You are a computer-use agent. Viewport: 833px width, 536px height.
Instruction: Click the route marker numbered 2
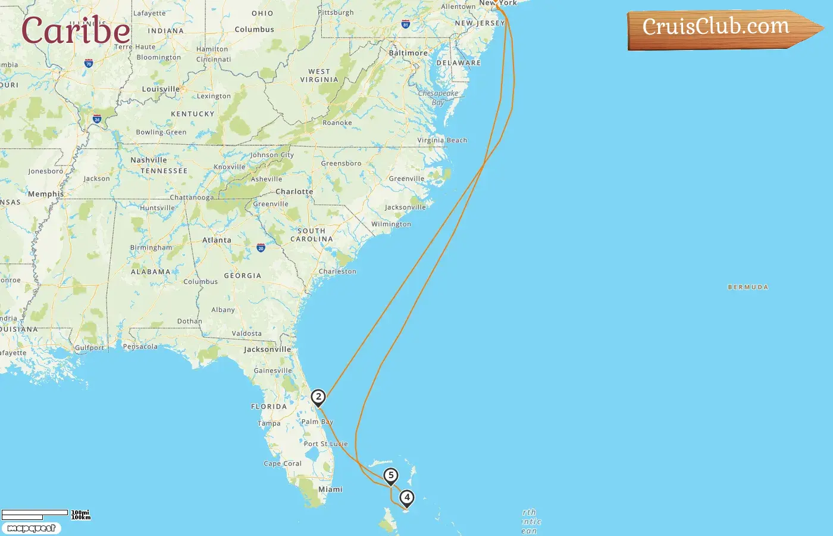point(318,397)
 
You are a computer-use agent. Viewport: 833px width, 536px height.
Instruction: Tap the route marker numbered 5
point(391,476)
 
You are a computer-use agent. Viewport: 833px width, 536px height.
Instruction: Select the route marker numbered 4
point(407,498)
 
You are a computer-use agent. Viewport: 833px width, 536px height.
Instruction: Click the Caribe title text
point(76,30)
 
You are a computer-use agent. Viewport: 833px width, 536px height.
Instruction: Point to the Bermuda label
point(748,287)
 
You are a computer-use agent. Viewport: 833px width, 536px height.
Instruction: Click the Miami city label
point(330,490)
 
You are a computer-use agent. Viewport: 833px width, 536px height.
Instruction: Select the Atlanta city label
point(217,240)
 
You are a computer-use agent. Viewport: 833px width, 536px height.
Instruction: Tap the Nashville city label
point(149,160)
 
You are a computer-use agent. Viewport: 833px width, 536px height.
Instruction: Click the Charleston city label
point(337,272)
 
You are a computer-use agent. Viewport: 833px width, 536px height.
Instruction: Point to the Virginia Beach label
point(442,141)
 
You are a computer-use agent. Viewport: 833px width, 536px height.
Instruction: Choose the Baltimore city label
point(408,53)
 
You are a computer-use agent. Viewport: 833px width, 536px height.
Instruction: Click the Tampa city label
point(269,423)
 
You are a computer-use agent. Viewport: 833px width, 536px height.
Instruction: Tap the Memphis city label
point(46,194)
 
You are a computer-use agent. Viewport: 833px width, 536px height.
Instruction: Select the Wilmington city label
point(391,225)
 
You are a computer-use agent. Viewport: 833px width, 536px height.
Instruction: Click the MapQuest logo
point(31,528)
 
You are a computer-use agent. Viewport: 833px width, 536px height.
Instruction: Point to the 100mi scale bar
point(35,513)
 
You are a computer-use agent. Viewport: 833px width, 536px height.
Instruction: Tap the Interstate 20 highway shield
point(261,248)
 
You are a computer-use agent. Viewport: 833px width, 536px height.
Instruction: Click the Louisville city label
point(161,89)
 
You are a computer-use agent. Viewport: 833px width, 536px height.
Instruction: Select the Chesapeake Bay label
point(438,98)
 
